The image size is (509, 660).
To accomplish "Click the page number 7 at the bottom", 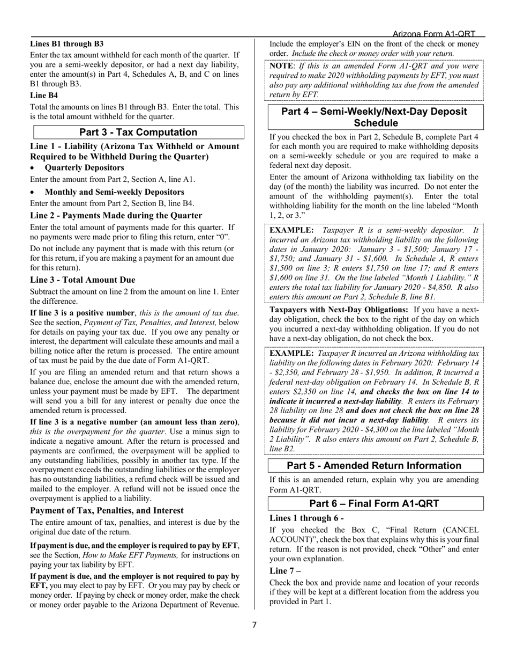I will click(254, 625).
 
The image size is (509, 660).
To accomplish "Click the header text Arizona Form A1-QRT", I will click(433, 33).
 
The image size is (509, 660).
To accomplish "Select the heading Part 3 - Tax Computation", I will click(138, 132).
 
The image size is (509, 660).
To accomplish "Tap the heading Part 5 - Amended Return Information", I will click(374, 466).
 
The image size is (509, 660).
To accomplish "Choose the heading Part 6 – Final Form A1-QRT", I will click(374, 503).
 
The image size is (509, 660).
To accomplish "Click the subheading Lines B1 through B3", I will click(67, 44).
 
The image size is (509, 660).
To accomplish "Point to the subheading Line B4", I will click(44, 95).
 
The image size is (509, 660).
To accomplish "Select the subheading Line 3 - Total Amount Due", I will click(83, 280).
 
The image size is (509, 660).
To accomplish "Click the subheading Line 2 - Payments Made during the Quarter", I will click(116, 215).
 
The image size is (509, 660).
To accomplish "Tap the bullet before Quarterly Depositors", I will click(33, 168).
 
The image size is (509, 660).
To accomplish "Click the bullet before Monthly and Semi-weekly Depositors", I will click(33, 192).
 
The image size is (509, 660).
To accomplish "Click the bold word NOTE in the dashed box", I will click(281, 65).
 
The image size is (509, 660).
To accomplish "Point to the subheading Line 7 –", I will click(285, 570).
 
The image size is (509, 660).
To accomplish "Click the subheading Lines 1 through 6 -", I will click(306, 518).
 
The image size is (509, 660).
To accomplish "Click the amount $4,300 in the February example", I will click(365, 429).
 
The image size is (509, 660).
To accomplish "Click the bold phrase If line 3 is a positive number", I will click(82, 313).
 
